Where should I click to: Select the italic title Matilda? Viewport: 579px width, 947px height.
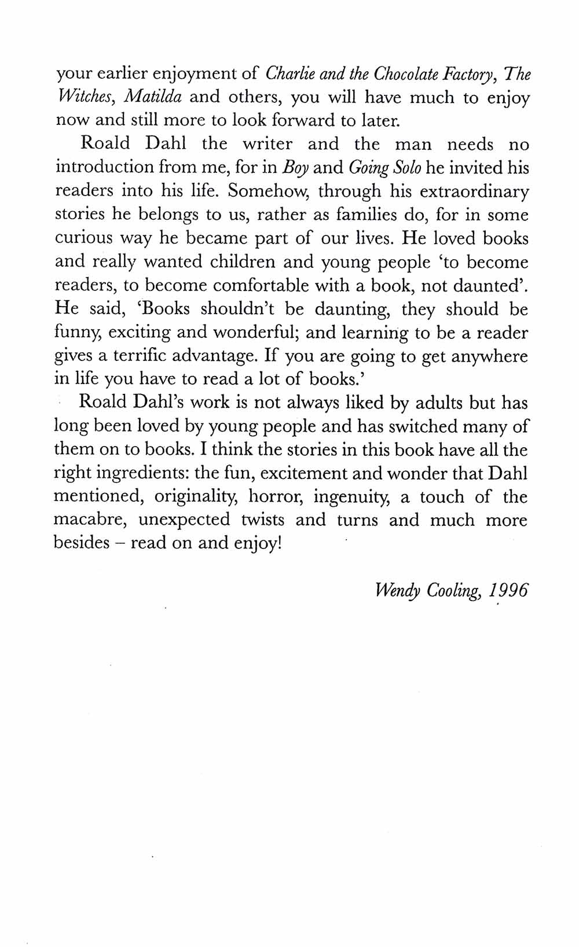coord(153,97)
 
